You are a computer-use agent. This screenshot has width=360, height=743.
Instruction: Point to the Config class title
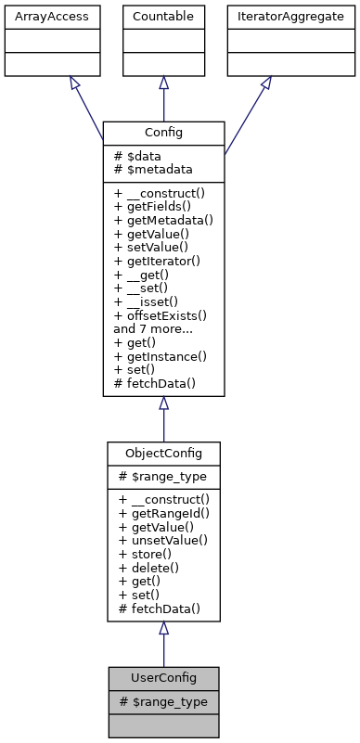163,134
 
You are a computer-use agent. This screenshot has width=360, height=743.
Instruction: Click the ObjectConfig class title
163,452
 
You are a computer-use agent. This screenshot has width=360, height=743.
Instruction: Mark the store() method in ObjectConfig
147,553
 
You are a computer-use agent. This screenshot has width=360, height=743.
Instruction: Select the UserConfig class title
163,678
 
